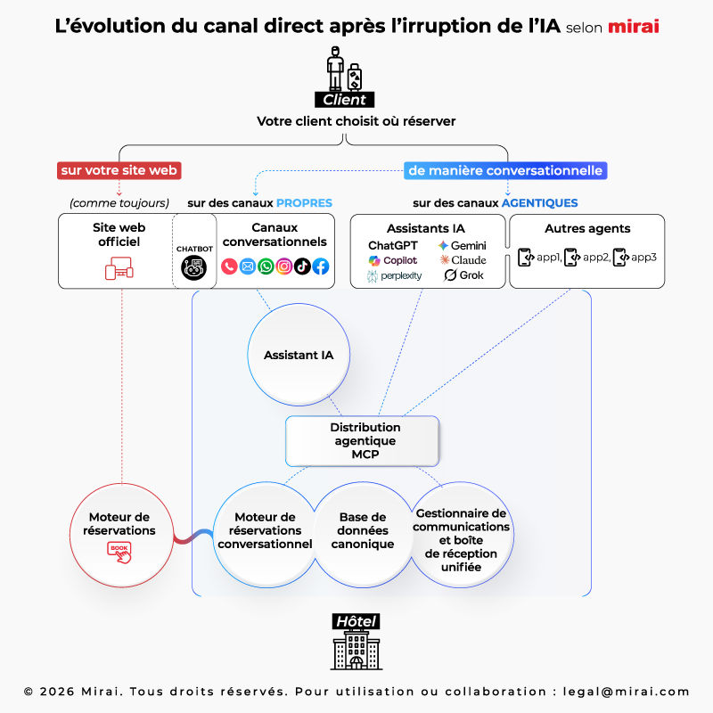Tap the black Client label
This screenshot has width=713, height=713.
(x=344, y=100)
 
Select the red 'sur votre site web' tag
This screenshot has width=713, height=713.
(x=119, y=169)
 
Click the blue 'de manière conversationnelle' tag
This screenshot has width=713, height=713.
(x=505, y=169)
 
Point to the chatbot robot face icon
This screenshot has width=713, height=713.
(x=194, y=266)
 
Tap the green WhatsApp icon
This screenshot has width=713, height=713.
(x=266, y=266)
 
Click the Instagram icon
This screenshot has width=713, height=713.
(x=284, y=266)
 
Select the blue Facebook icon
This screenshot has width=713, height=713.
(x=321, y=266)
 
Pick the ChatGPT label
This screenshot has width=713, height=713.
(x=393, y=245)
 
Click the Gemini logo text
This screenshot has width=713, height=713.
(x=463, y=245)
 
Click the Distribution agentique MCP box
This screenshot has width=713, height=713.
(x=362, y=440)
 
